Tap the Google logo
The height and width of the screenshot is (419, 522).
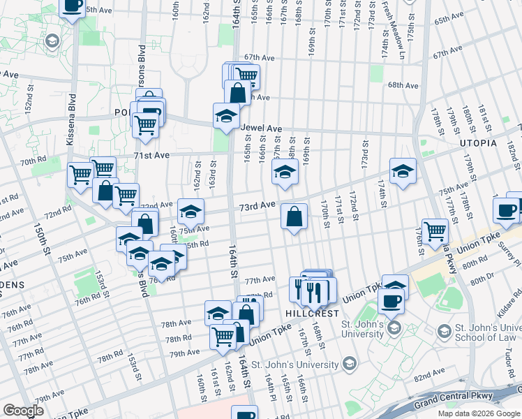(x=24, y=411)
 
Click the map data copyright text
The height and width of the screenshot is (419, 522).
(x=478, y=413)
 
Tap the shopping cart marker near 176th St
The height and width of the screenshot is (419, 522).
(x=435, y=230)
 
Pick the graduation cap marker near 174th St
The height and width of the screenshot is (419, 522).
(x=403, y=171)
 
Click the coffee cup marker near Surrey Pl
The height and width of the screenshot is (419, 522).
(x=505, y=210)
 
